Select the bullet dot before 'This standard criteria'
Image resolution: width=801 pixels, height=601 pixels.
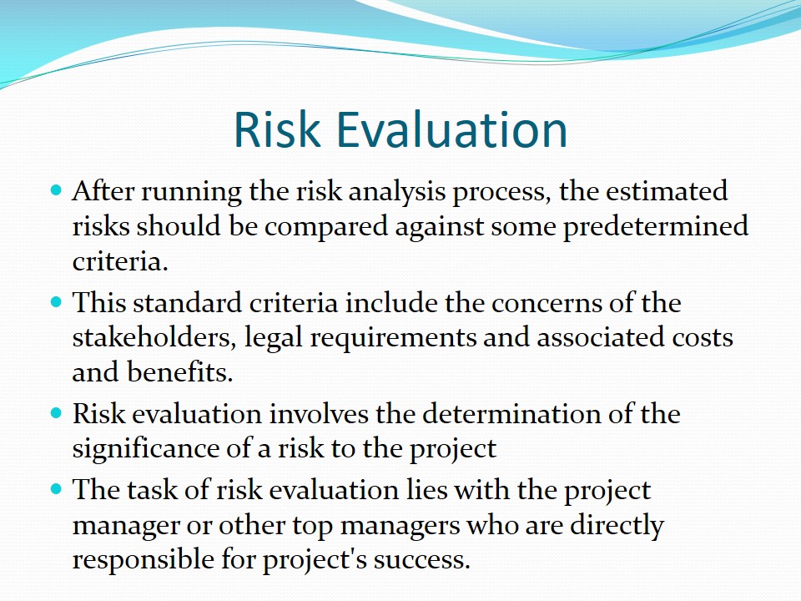point(56,302)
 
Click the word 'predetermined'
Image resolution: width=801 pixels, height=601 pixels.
point(656,227)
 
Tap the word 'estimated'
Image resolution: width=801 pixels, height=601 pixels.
point(667,191)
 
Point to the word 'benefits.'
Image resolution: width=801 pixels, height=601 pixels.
point(180,371)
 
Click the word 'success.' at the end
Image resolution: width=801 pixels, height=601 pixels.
point(421,559)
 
